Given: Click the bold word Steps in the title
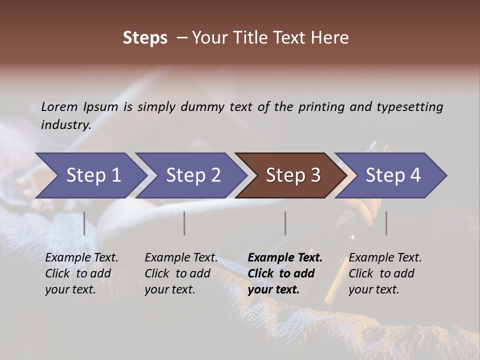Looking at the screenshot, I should [x=145, y=38].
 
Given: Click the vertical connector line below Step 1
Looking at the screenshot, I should [x=84, y=223].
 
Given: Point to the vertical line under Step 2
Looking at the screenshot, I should [x=184, y=223].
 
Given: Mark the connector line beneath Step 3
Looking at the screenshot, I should [x=285, y=223].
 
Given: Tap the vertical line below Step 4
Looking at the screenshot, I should [x=386, y=223].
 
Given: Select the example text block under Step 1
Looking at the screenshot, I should [x=81, y=273].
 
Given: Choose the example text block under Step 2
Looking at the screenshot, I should [x=181, y=273].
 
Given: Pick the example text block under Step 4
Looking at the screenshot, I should [x=385, y=273].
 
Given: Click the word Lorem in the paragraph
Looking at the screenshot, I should [x=59, y=107].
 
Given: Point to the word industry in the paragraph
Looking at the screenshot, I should [x=65, y=125].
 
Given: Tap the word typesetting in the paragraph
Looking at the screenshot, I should [x=409, y=107].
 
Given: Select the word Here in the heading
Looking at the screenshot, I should [x=330, y=38].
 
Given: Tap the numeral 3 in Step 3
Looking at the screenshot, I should [x=315, y=175].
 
